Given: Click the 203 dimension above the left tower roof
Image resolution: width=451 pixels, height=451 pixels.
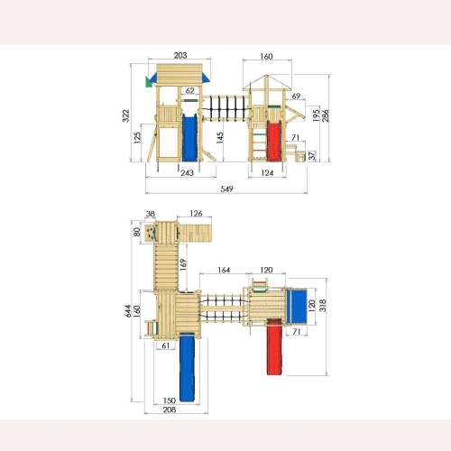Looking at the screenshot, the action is tap(180, 55).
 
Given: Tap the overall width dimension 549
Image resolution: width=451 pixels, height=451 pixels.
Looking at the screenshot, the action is tap(226, 189).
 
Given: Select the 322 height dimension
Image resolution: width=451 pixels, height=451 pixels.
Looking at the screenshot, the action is tap(126, 115).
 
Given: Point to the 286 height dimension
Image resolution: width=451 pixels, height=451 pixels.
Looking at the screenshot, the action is tap(326, 115).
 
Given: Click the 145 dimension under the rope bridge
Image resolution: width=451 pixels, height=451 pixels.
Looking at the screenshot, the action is tap(220, 138).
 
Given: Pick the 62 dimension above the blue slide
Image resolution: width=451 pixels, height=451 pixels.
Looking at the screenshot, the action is tap(189, 90).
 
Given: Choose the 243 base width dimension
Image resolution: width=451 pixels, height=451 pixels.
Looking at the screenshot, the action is tap(187, 173).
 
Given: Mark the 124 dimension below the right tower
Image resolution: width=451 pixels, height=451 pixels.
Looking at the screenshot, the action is tap(267, 173).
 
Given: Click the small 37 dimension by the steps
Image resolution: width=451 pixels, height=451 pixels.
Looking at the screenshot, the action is tap(312, 155).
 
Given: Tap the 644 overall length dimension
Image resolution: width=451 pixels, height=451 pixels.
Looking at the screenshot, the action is tap(128, 311).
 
